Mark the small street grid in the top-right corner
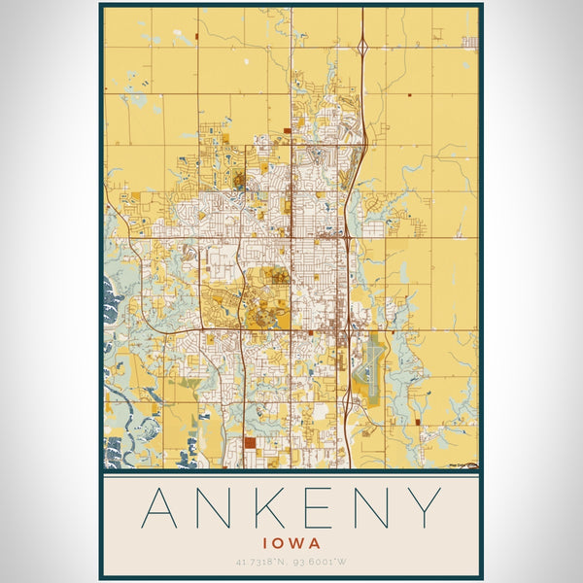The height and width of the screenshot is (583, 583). (470, 42)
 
